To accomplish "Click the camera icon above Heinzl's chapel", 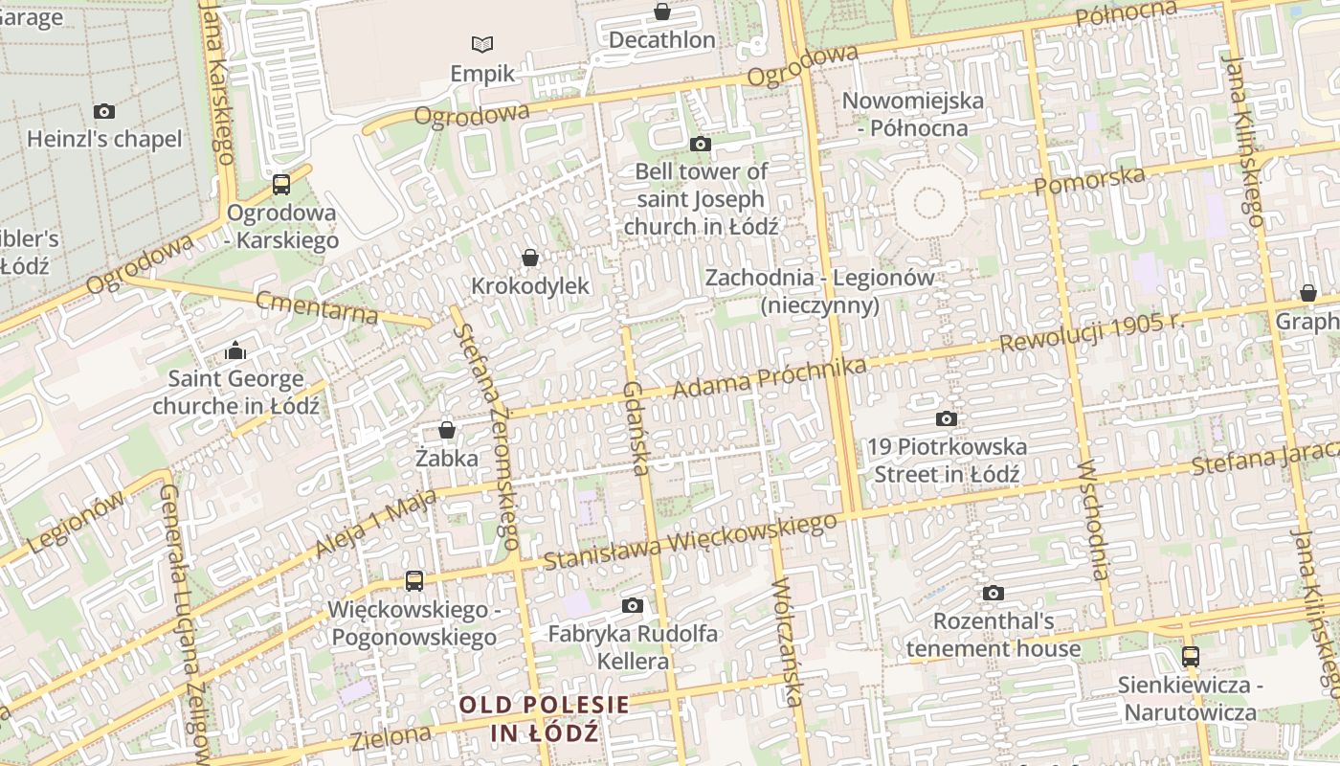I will pyautogui.click(x=104, y=111).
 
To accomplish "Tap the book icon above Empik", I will pyautogui.click(x=482, y=44).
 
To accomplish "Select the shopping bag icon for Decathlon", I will pyautogui.click(x=661, y=11).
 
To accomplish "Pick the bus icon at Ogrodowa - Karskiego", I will pyautogui.click(x=281, y=185).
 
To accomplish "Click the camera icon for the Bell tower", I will pyautogui.click(x=701, y=144).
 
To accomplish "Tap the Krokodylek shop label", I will pyautogui.click(x=530, y=286).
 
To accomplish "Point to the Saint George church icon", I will pyautogui.click(x=235, y=351).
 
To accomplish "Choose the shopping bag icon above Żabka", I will pyautogui.click(x=446, y=430).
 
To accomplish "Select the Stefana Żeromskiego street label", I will pyautogui.click(x=488, y=436).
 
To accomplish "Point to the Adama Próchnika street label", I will pyautogui.click(x=770, y=378).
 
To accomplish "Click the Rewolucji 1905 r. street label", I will pyautogui.click(x=1092, y=332).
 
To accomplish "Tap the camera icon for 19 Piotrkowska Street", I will pyautogui.click(x=946, y=418).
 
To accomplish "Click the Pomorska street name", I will pyautogui.click(x=1089, y=179).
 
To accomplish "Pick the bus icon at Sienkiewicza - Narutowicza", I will pyautogui.click(x=1190, y=657).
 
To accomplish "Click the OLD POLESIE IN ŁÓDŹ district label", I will pyautogui.click(x=545, y=719).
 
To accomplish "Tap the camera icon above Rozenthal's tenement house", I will pyautogui.click(x=994, y=593).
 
